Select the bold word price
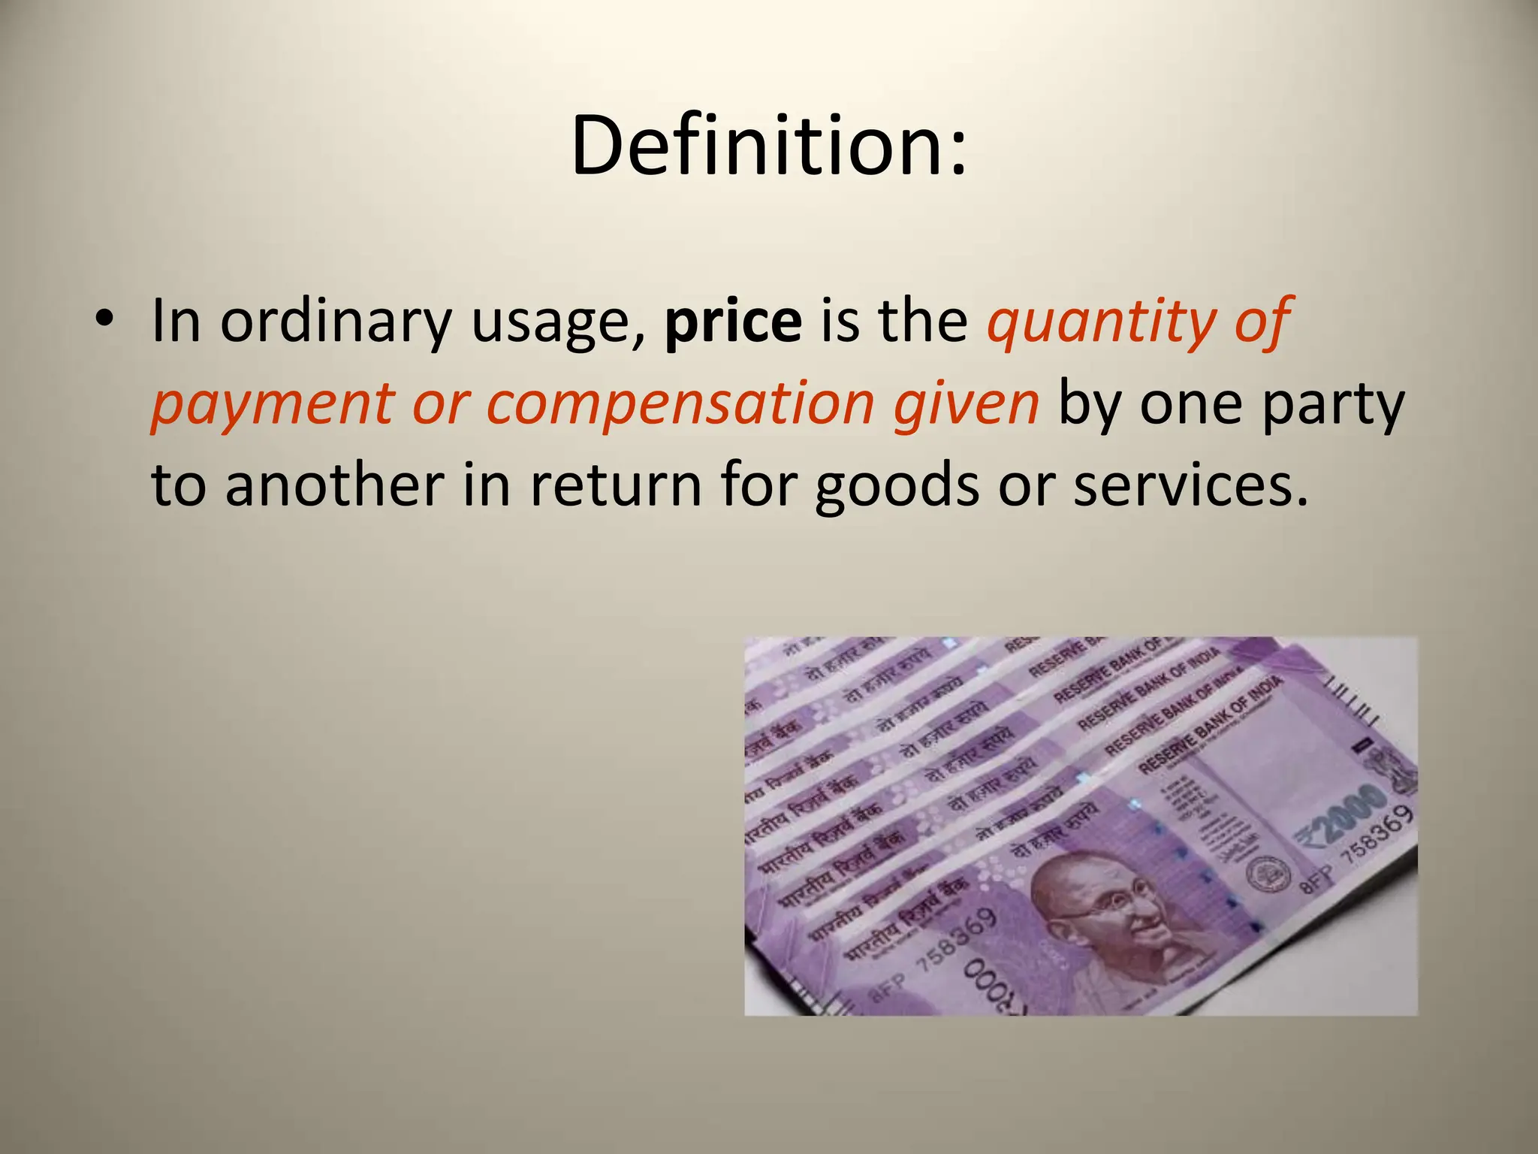[x=733, y=322]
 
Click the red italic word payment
[x=272, y=404]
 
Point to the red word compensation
[x=680, y=404]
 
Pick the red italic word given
[x=966, y=404]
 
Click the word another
[x=335, y=485]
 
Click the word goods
[x=897, y=485]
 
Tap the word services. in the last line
[x=1190, y=485]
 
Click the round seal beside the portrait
[x=1268, y=875]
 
